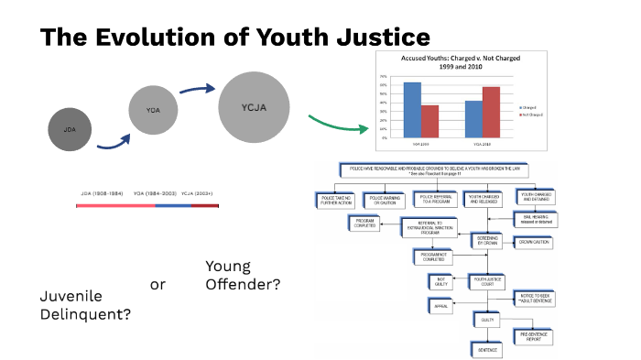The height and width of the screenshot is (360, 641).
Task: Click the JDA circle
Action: pyautogui.click(x=70, y=129)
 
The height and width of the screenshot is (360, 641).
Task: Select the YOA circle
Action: pyautogui.click(x=153, y=110)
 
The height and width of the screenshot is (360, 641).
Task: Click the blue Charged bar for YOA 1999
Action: pyautogui.click(x=412, y=109)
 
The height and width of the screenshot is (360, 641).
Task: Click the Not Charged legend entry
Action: pyautogui.click(x=537, y=115)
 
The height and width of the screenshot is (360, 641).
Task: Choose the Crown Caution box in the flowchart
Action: pyautogui.click(x=538, y=242)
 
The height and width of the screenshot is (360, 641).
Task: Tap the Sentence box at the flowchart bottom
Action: pyautogui.click(x=486, y=349)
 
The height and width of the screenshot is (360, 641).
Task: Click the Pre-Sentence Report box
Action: pyautogui.click(x=538, y=336)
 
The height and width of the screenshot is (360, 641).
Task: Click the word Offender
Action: pyautogui.click(x=243, y=284)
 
